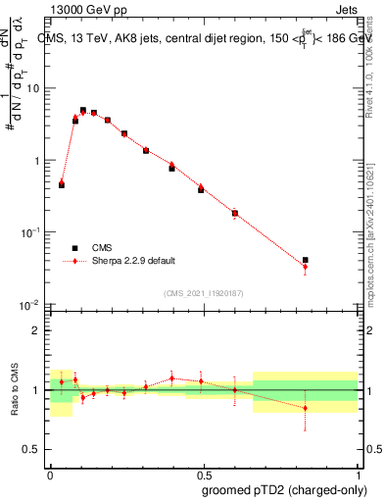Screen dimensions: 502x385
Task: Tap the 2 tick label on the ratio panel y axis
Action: [37, 330]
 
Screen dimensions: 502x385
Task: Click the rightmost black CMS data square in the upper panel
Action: [306, 260]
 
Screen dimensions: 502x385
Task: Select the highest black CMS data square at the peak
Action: [83, 111]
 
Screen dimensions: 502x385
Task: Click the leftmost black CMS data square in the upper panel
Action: [62, 184]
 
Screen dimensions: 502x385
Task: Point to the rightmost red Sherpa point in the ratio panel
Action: [306, 408]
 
